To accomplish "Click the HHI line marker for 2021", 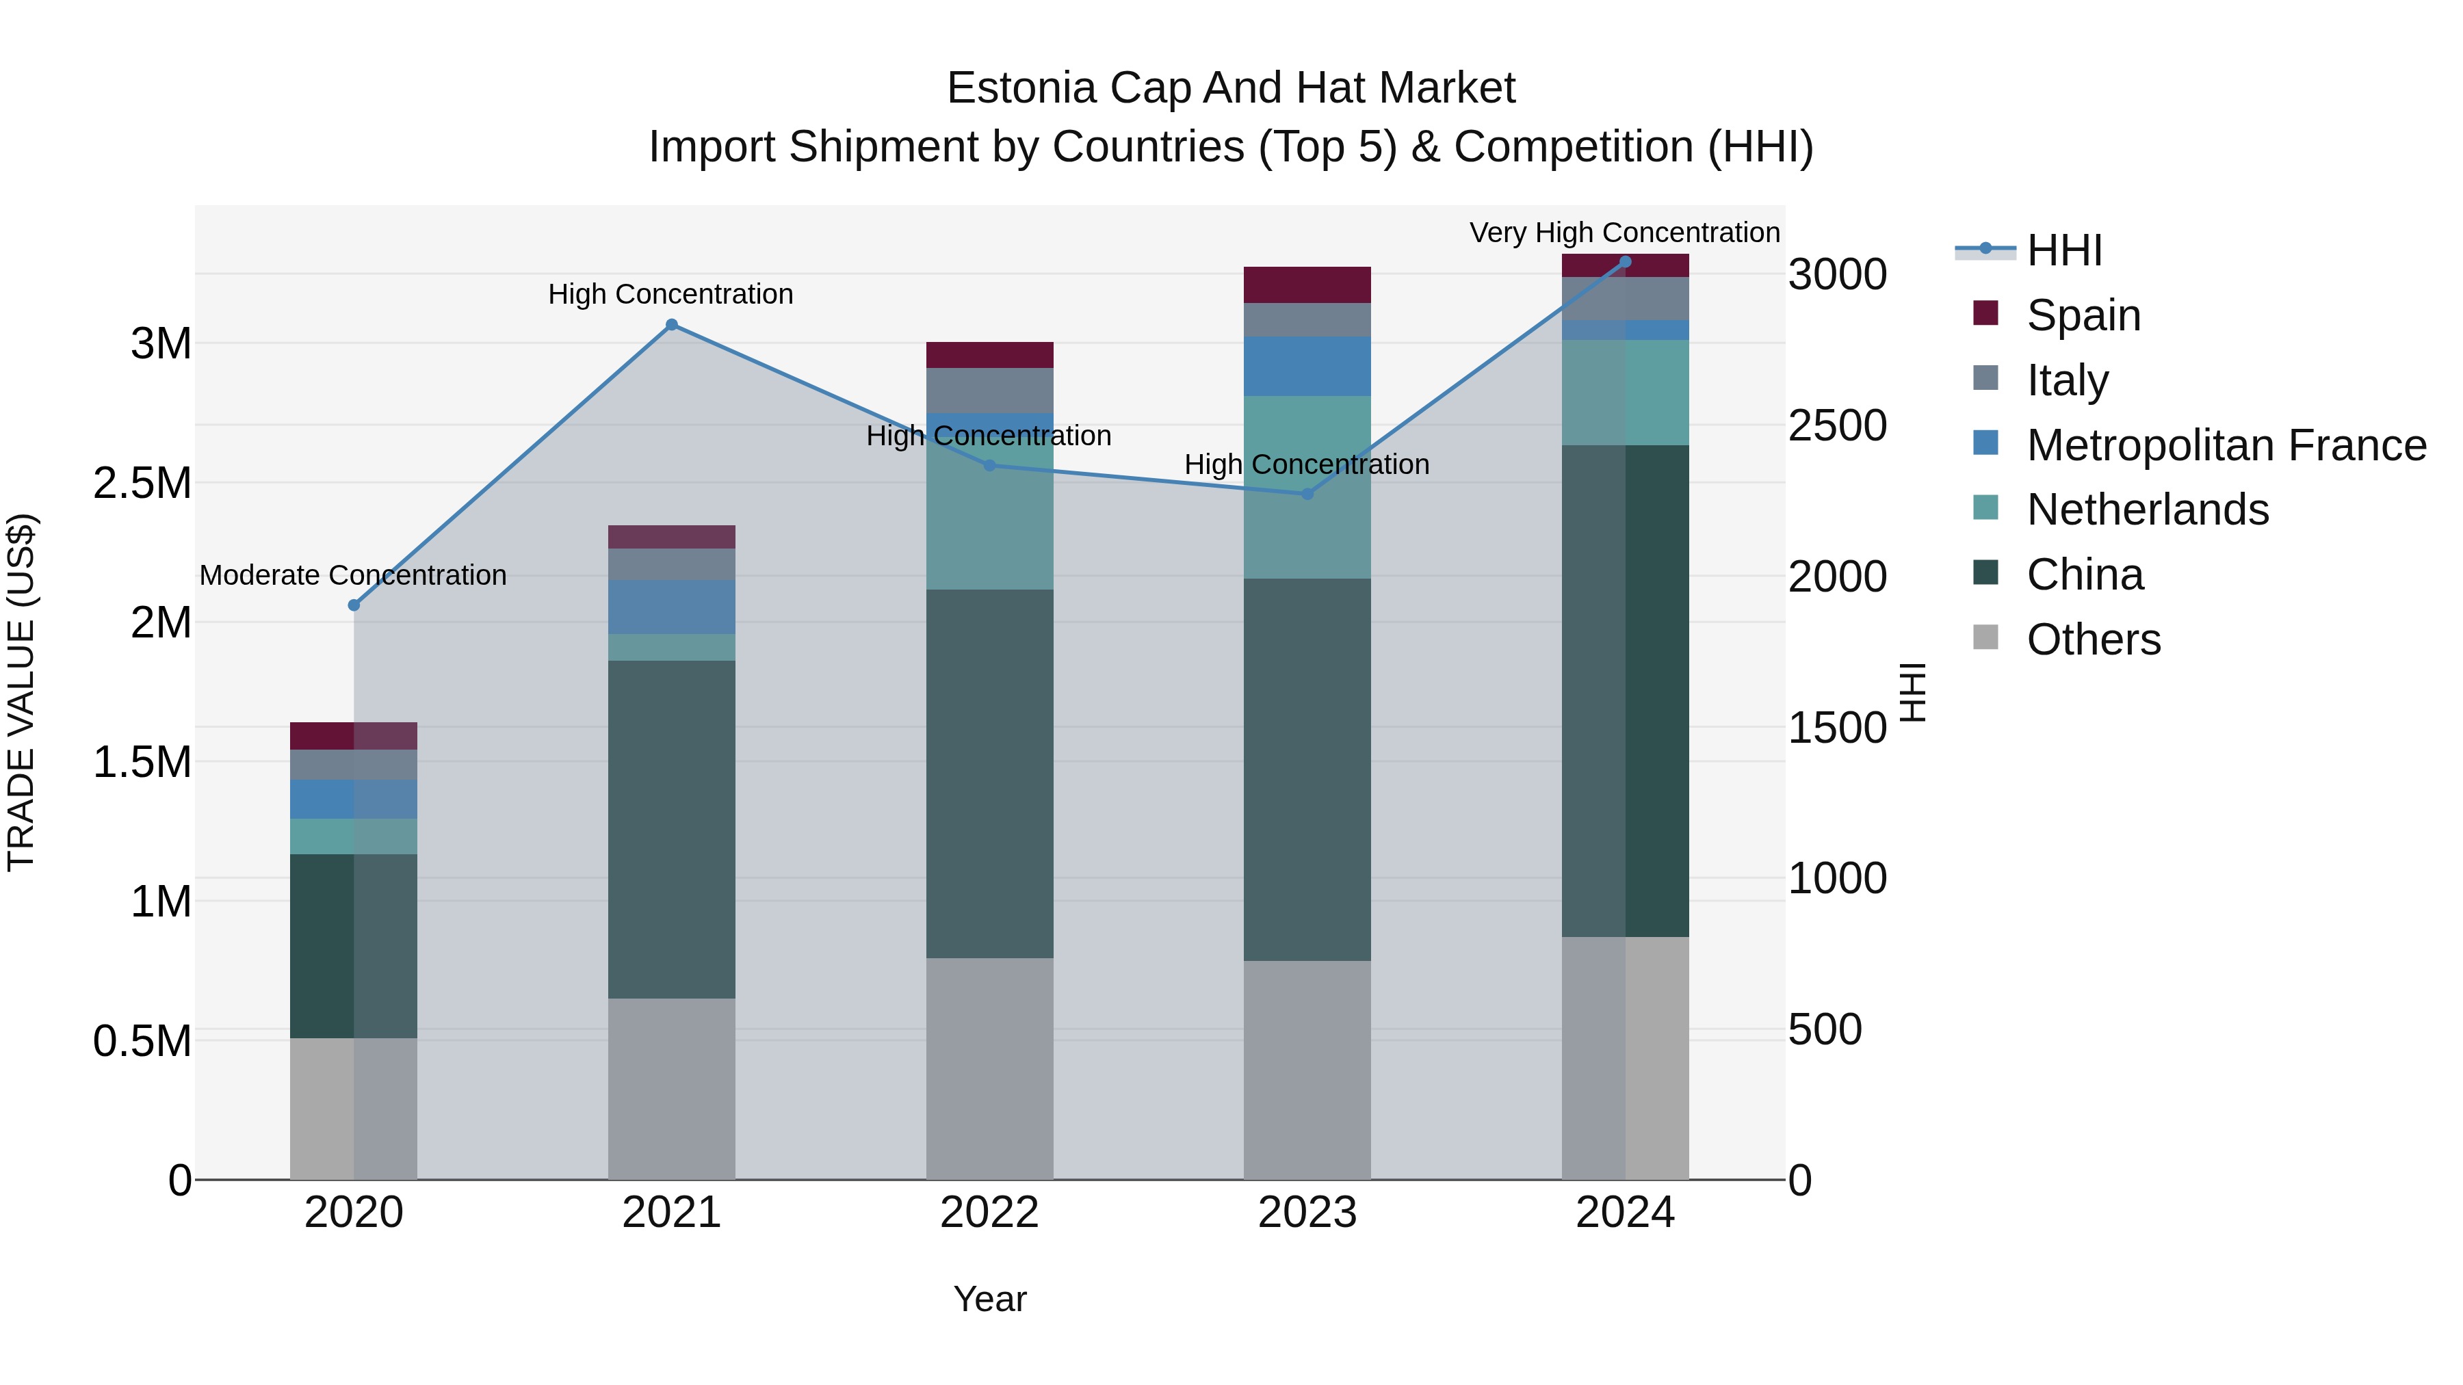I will (x=671, y=325).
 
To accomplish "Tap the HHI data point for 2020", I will (x=354, y=605).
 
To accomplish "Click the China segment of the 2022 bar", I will (x=989, y=774).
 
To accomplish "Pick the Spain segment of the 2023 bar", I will (x=1307, y=285).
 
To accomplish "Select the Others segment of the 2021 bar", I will (x=671, y=1089).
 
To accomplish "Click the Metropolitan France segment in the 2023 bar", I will (x=1307, y=366).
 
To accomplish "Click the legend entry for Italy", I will (x=2067, y=380).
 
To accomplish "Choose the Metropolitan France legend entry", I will (x=2226, y=445).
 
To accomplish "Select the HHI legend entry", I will (x=2063, y=250).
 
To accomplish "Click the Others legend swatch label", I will (x=2093, y=639).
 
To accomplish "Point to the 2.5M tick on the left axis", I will (x=142, y=484).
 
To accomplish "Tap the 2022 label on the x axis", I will (x=989, y=1213).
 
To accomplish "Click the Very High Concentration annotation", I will (x=1624, y=233).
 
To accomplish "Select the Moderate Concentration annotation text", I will (x=353, y=575).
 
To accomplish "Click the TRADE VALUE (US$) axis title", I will (x=21, y=692).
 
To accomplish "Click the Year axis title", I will (x=989, y=1299).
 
